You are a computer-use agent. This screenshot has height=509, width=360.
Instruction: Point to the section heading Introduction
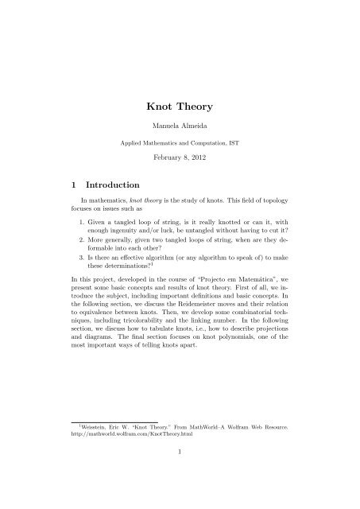(x=114, y=189)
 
